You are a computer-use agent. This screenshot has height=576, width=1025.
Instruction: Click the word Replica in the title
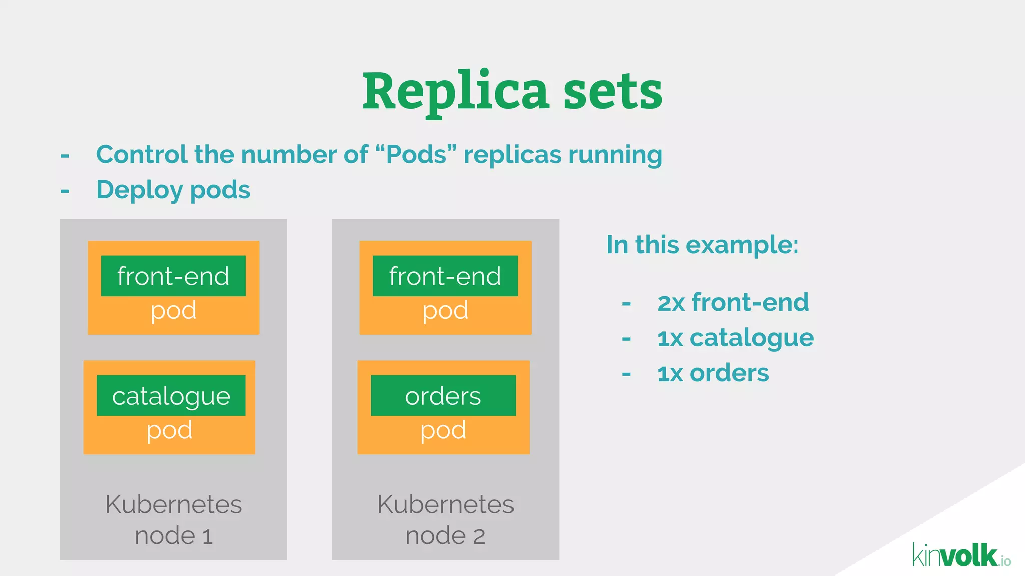455,92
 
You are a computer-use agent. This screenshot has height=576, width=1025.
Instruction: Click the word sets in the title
613,92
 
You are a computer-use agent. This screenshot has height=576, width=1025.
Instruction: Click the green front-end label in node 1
173,276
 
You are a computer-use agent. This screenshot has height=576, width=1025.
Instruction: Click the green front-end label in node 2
445,276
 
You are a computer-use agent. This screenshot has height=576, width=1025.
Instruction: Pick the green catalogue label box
171,396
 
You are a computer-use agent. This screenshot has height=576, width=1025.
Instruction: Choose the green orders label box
443,396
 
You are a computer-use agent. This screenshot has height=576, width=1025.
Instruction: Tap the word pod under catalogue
169,431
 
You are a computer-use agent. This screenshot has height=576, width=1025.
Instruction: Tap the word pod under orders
443,431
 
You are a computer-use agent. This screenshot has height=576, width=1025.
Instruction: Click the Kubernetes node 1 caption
173,520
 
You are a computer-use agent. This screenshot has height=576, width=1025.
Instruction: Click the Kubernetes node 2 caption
445,520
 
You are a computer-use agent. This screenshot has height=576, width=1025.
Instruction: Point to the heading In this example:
702,245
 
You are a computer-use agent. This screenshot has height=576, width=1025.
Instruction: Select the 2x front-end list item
733,303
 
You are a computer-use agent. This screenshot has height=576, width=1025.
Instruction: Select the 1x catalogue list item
735,338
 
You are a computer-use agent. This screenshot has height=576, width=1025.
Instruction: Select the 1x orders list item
713,373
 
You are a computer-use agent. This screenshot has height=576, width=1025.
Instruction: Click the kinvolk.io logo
961,556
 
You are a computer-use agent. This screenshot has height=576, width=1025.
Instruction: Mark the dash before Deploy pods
65,191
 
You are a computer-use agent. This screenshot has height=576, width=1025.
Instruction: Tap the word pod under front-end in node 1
173,311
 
